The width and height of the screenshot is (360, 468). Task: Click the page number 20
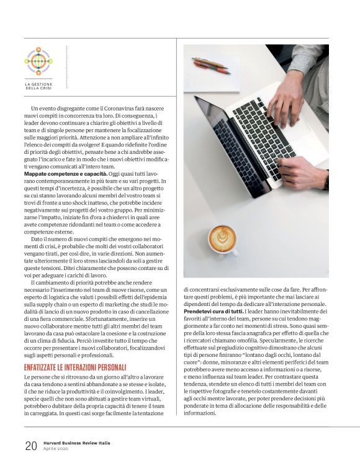(30, 445)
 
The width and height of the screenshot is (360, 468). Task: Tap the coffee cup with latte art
(222, 239)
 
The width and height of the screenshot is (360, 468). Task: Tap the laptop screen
(224, 146)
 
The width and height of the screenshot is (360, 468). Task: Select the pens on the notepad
(211, 65)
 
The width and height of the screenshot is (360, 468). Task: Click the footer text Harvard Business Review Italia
(79, 442)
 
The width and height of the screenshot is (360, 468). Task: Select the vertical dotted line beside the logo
(66, 69)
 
